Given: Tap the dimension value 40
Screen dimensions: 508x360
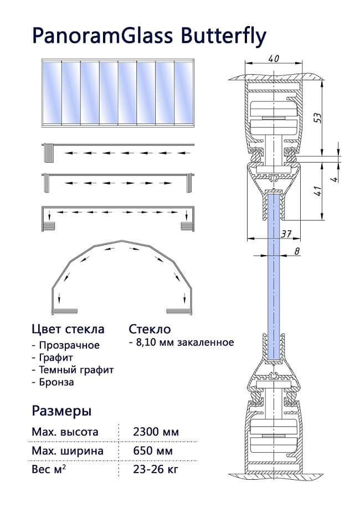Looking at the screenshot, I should coord(273,58).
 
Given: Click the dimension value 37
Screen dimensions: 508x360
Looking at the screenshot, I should coord(285,234).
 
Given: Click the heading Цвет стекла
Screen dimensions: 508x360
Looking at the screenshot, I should coord(68,329).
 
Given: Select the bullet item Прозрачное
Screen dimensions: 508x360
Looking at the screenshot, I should coord(69,345).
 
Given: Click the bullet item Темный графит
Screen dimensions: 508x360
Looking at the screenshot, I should coord(76,370).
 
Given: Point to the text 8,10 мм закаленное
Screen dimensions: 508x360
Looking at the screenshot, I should coord(183,343).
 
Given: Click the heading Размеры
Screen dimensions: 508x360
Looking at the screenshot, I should coord(62,411).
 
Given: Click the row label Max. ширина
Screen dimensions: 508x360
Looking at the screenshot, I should coord(68,451).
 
